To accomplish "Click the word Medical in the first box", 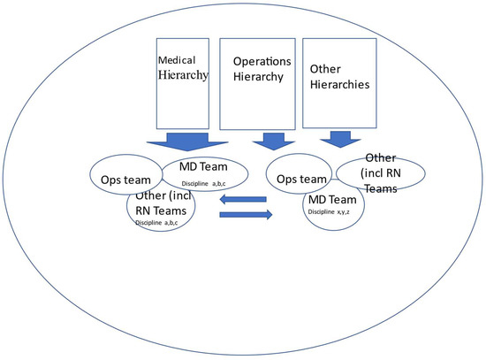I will [175, 61].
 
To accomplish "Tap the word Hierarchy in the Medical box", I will [183, 76].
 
